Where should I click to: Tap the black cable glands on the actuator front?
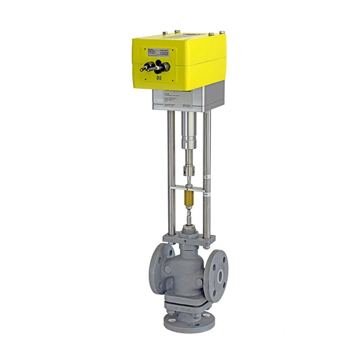point(157,67)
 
